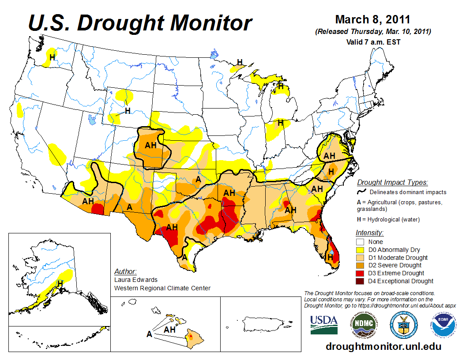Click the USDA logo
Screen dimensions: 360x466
pyautogui.click(x=324, y=324)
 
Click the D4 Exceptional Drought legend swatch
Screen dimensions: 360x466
pyautogui.click(x=360, y=281)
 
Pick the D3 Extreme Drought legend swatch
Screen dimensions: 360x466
pyautogui.click(x=360, y=273)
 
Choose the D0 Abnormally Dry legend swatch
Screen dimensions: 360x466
pyautogui.click(x=360, y=250)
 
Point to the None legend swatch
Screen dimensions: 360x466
pyautogui.click(x=360, y=242)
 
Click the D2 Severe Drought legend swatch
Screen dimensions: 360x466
pyautogui.click(x=360, y=265)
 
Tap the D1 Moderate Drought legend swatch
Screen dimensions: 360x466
pyautogui.click(x=360, y=258)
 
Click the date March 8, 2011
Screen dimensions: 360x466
pyautogui.click(x=372, y=20)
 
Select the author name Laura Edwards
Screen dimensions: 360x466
pyautogui.click(x=135, y=280)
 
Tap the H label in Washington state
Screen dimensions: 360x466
pyautogui.click(x=52, y=57)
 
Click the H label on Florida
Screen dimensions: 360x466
pyautogui.click(x=330, y=256)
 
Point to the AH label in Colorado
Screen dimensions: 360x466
pyautogui.click(x=151, y=145)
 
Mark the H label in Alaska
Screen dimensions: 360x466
pyautogui.click(x=60, y=283)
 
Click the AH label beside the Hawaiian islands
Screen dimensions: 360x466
pyautogui.click(x=170, y=330)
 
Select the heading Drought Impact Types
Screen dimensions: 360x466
pyautogui.click(x=392, y=182)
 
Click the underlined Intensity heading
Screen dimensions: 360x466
pyautogui.click(x=369, y=232)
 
